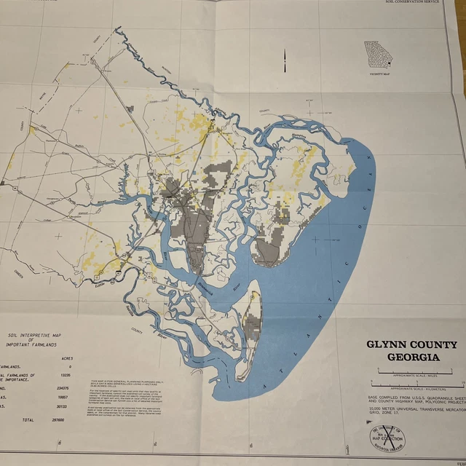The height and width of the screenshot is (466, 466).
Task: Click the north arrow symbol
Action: pos(285,64)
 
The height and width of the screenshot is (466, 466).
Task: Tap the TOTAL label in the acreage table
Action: pos(28,421)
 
